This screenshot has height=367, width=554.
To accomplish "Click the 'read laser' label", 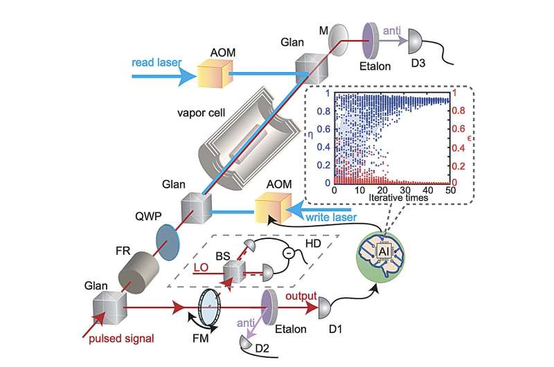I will click(154, 61).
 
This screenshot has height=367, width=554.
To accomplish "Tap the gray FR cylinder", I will click(135, 265).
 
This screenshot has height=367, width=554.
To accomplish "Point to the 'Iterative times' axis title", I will click(390, 198).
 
